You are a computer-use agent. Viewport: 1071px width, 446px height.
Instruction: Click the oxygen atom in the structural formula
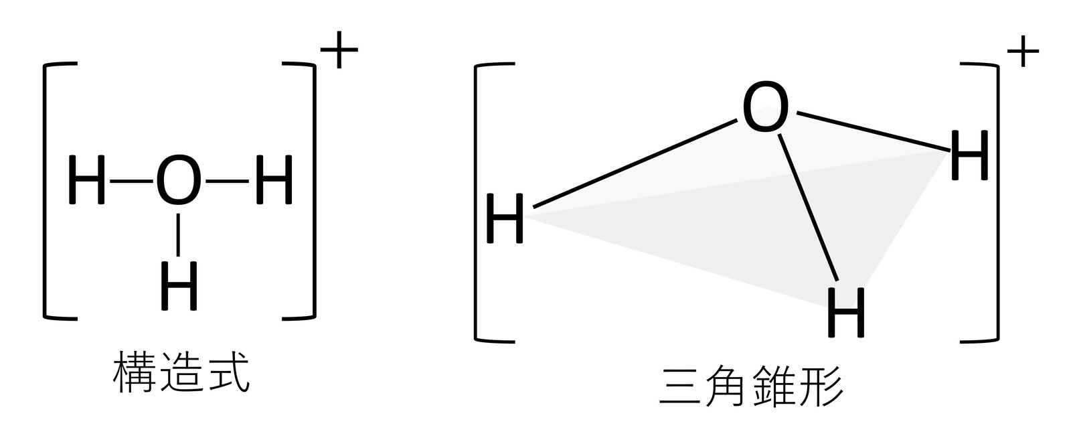click(177, 181)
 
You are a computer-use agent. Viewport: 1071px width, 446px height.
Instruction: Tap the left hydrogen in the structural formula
click(87, 181)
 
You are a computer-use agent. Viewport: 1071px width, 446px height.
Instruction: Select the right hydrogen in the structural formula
click(274, 181)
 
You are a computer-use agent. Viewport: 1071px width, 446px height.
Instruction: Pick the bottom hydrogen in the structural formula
click(179, 286)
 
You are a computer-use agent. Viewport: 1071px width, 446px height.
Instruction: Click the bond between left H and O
click(132, 181)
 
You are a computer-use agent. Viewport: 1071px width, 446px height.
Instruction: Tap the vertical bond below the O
click(178, 234)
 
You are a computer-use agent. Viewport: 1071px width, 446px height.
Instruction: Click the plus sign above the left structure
click(339, 50)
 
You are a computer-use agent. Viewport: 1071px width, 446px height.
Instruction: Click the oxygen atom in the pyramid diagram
click(766, 109)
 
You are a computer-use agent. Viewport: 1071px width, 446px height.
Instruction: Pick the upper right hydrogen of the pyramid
click(969, 157)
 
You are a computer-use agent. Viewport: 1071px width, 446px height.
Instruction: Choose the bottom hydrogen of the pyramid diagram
click(847, 312)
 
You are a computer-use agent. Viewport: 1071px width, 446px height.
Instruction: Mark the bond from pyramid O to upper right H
click(871, 131)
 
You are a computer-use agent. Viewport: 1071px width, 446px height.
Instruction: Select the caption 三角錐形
click(750, 386)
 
